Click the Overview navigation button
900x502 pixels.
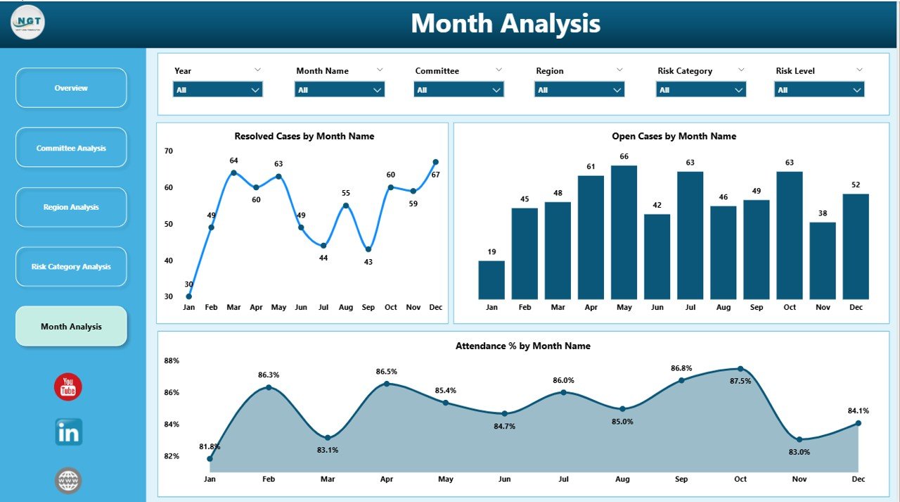71,88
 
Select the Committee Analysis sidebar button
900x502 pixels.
71,148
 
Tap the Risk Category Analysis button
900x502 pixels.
71,267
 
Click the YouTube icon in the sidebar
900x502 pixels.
68,387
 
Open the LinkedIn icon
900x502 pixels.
68,432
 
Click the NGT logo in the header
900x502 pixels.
28,23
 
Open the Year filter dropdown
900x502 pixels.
217,90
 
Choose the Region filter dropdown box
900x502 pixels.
579,90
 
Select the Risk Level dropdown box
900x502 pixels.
819,90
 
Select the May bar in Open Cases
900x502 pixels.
624,232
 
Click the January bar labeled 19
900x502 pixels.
491,280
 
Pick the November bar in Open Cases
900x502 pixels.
823,261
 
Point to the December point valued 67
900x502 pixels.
435,162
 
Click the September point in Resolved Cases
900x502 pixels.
368,249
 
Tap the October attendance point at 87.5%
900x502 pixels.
740,369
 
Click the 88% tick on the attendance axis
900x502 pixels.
172,360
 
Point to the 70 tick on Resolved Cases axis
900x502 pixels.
169,151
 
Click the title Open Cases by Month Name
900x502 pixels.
674,136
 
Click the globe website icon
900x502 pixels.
68,481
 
